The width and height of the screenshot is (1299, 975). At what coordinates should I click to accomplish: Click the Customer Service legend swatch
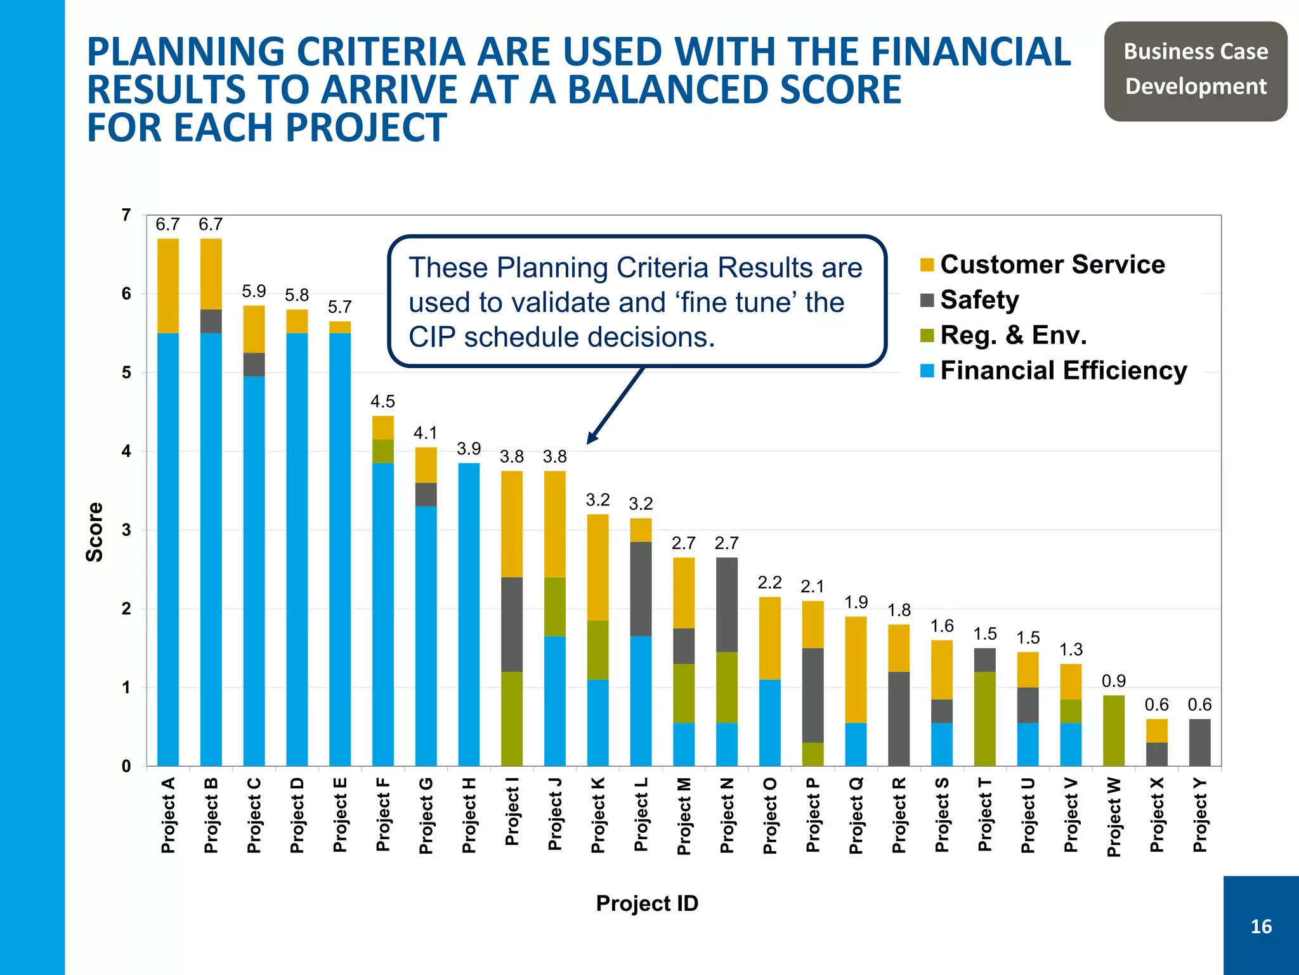coord(927,265)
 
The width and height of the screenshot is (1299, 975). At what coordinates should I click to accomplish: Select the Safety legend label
coord(979,300)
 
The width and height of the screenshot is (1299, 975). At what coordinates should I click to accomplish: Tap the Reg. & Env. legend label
coord(1013,335)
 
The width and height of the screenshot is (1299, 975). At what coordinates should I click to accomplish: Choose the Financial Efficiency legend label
coord(1063,371)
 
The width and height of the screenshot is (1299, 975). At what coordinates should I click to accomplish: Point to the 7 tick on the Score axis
coord(126,215)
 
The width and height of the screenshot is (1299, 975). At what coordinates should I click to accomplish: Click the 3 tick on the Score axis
coord(126,530)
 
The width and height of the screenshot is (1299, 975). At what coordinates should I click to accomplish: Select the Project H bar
coord(469,614)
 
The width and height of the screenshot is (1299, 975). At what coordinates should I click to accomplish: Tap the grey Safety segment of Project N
coord(727,604)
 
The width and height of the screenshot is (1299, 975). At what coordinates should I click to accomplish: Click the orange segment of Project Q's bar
coord(856,670)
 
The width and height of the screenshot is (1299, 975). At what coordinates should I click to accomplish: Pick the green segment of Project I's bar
coord(512,719)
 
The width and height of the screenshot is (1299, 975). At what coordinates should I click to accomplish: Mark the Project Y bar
coord(1199,742)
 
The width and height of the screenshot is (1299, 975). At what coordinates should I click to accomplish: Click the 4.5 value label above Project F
coord(382,401)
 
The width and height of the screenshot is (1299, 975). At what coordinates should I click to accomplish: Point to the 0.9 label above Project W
coord(1113,681)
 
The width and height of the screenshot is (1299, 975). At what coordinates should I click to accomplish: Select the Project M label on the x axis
coord(684,816)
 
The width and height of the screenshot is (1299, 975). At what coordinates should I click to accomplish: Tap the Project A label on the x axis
coord(168,815)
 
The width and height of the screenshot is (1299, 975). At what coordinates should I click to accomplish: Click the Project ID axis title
coord(647,903)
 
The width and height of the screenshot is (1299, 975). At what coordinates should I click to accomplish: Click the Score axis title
coord(95,532)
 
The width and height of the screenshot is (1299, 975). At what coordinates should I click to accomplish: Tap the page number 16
coord(1261,927)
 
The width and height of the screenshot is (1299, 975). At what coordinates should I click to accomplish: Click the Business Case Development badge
coord(1196,69)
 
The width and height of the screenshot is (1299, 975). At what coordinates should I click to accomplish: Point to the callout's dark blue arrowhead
coord(591,439)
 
